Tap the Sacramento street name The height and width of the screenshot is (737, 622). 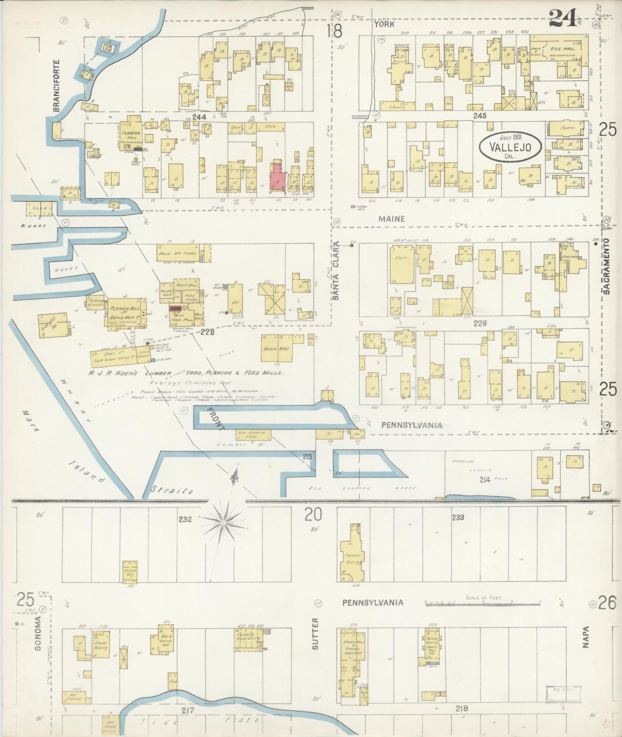pyautogui.click(x=607, y=266)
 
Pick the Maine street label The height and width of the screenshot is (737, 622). pyautogui.click(x=391, y=219)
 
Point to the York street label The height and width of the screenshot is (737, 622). pyautogui.click(x=384, y=24)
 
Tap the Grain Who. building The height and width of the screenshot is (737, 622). pyautogui.click(x=276, y=348)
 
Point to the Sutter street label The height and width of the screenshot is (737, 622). pyautogui.click(x=316, y=640)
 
